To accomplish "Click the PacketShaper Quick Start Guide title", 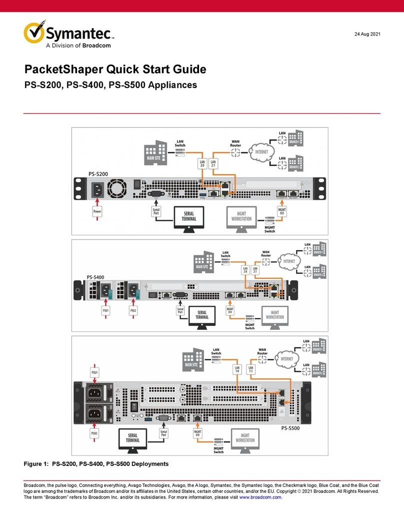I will pyautogui.click(x=115, y=70).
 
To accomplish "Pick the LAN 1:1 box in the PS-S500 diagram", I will pyautogui.click(x=251, y=370).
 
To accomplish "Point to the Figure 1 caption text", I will pyautogui.click(x=96, y=464).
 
